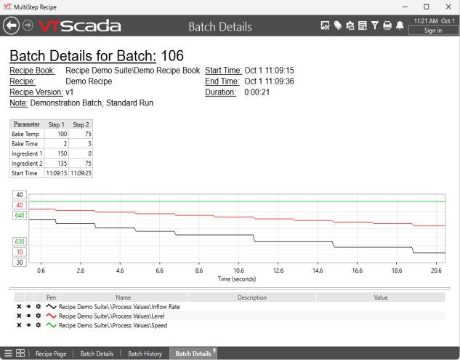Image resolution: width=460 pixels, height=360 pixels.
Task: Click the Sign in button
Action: click(x=432, y=31)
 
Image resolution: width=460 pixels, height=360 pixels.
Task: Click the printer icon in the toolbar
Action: click(x=387, y=26)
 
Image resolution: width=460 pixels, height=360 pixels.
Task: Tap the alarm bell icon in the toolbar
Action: click(x=400, y=26)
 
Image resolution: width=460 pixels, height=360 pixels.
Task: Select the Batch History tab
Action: click(x=145, y=353)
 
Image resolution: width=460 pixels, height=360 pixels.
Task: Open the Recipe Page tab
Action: click(x=51, y=353)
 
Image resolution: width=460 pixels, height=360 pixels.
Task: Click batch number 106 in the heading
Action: click(x=172, y=56)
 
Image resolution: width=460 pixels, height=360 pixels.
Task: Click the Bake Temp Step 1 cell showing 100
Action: click(x=56, y=135)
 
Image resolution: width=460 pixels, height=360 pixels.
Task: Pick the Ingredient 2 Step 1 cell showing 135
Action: click(x=56, y=164)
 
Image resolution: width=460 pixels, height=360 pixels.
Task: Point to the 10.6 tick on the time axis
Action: click(x=238, y=270)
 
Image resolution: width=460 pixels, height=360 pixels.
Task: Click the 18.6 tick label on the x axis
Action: click(x=397, y=270)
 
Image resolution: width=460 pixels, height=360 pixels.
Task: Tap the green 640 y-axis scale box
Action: click(x=19, y=215)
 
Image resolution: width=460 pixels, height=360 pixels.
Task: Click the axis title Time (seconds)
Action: click(x=238, y=279)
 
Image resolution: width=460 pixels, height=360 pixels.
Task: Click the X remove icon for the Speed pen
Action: click(x=19, y=326)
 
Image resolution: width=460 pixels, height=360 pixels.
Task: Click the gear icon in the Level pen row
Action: click(x=38, y=316)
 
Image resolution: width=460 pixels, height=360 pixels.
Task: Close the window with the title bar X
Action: click(x=446, y=7)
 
